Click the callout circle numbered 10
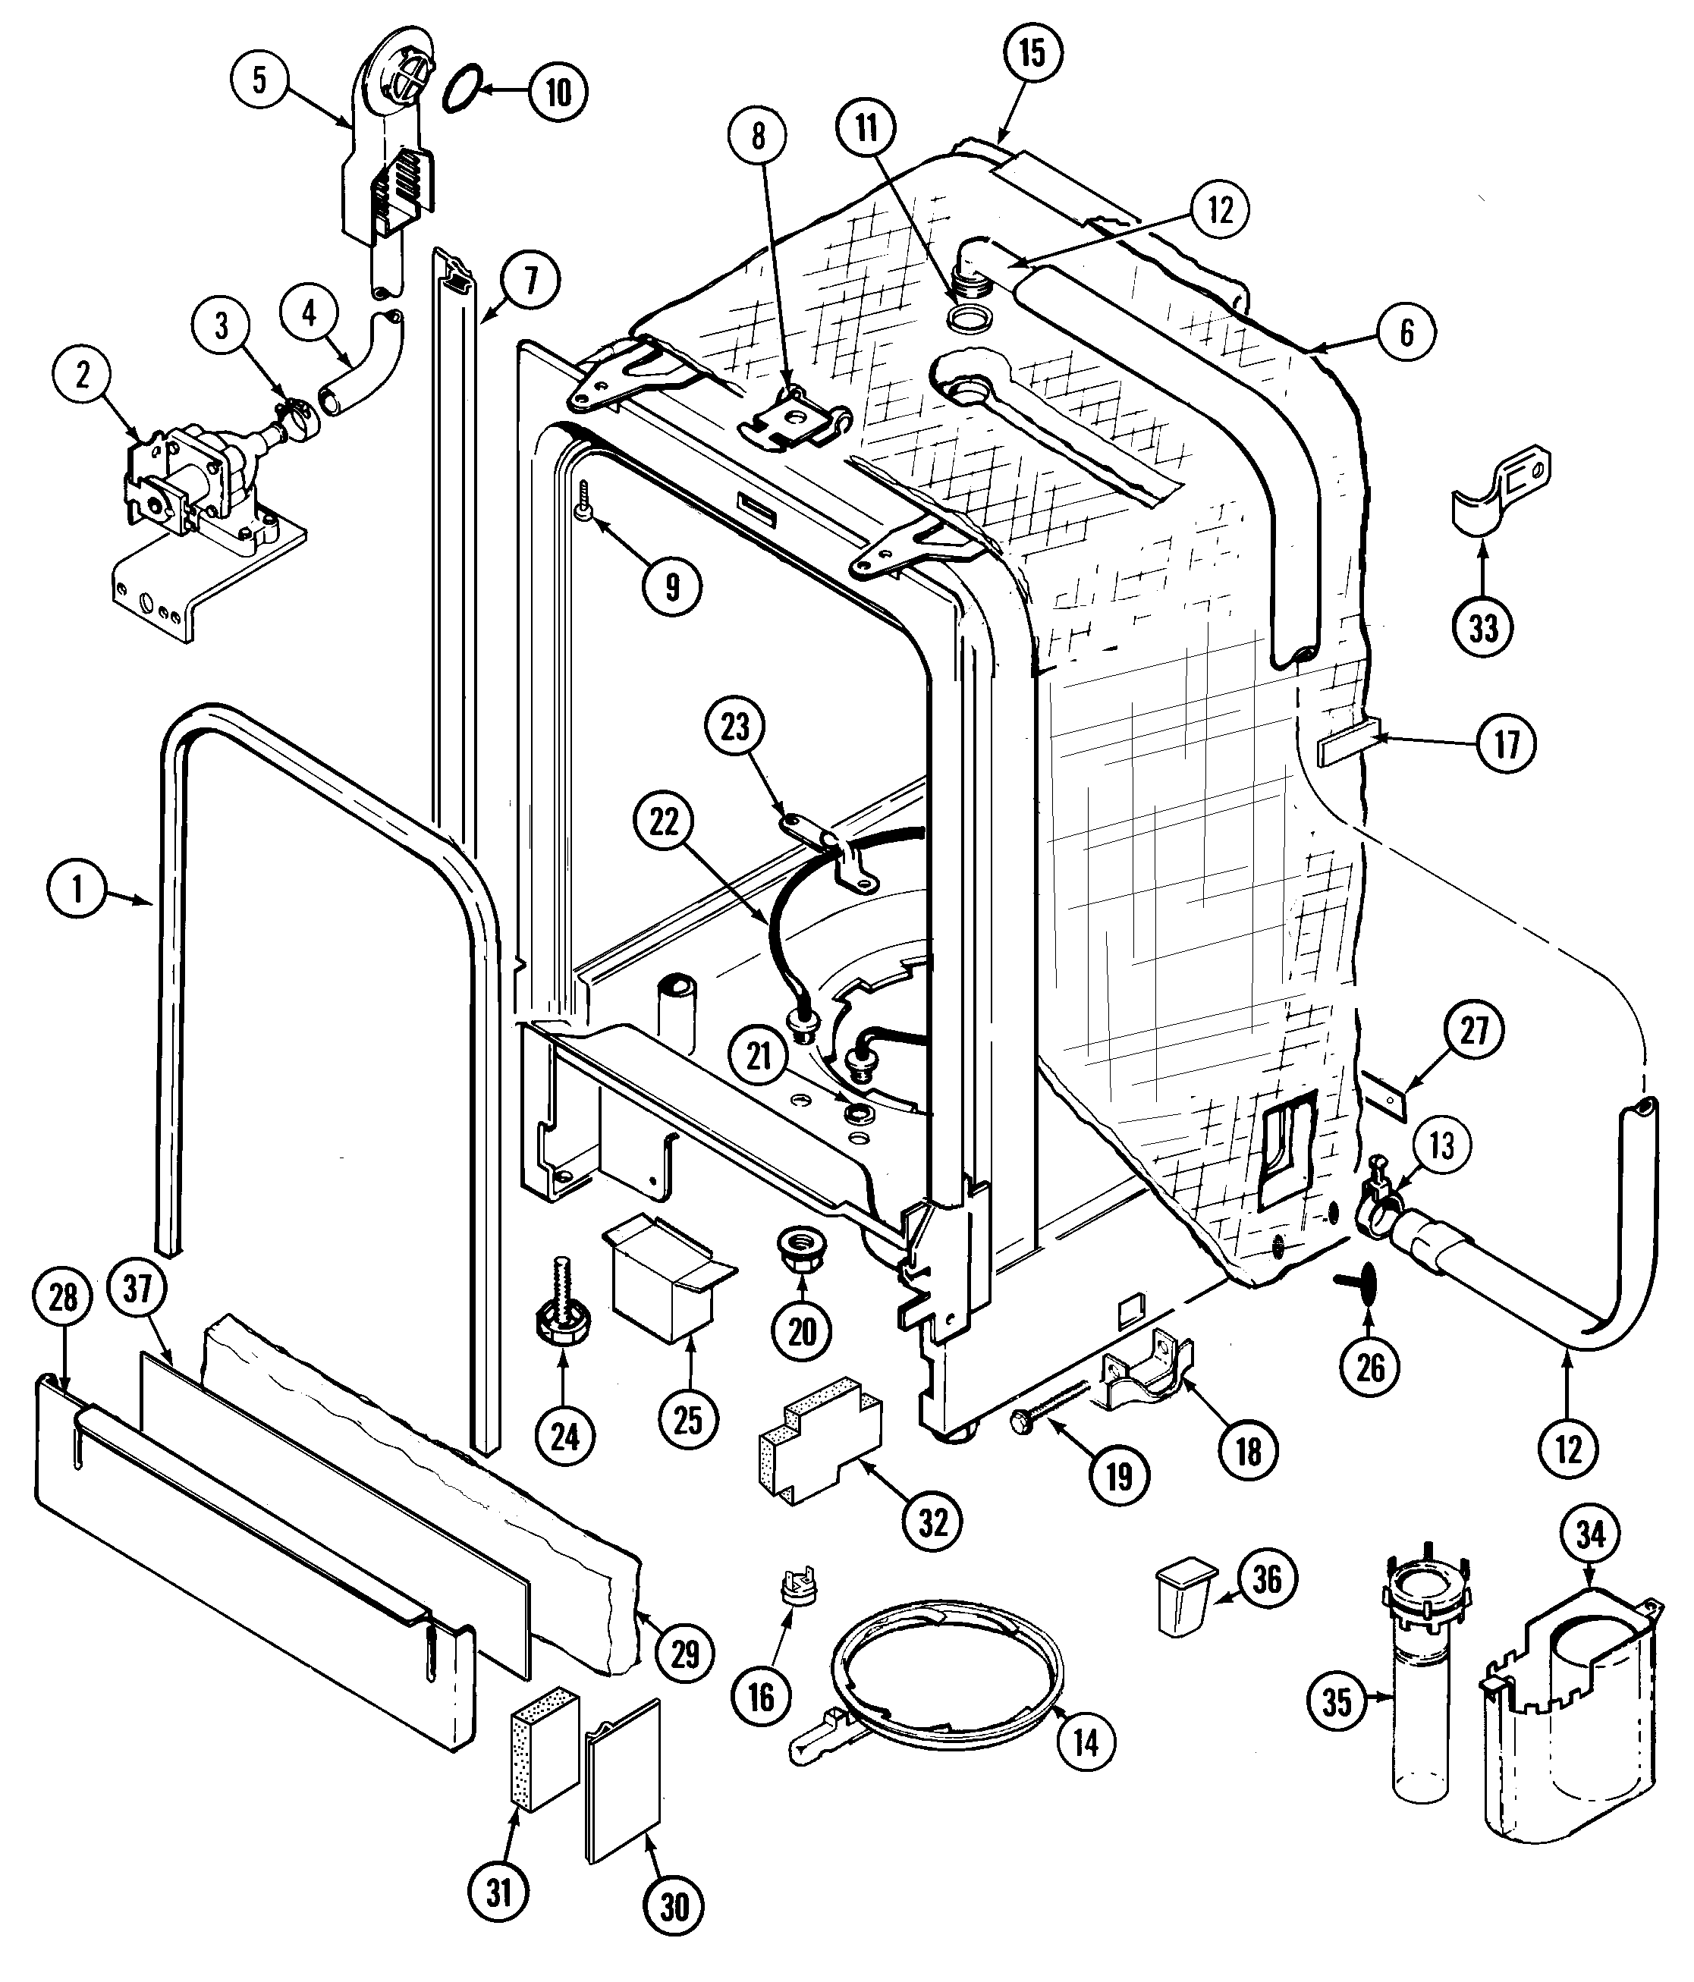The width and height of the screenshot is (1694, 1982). [558, 92]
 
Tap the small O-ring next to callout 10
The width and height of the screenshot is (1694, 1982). [462, 89]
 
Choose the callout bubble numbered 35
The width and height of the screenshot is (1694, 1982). [1335, 1701]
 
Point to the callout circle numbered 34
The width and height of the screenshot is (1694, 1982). [1590, 1534]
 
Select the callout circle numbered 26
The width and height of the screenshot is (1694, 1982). [1370, 1367]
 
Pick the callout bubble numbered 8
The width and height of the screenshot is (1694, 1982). [758, 136]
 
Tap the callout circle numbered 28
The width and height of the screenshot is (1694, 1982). [62, 1297]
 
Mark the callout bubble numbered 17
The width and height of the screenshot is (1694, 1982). [1507, 743]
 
